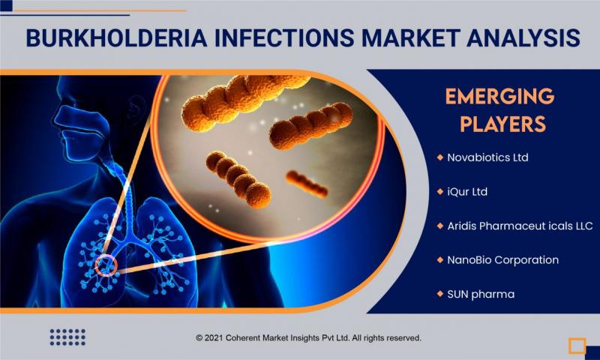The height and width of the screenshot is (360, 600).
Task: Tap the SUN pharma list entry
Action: click(x=481, y=294)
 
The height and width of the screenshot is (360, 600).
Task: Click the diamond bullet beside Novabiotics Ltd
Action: click(x=439, y=157)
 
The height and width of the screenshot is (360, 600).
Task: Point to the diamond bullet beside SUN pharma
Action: click(x=439, y=294)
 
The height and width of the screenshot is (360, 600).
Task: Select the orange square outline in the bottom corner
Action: click(x=577, y=346)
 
